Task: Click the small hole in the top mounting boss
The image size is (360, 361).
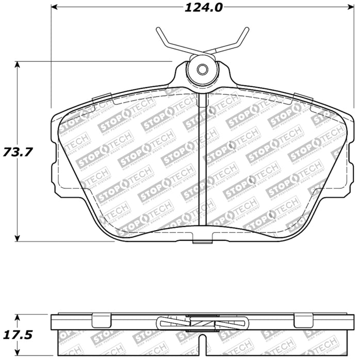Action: (x=202, y=70)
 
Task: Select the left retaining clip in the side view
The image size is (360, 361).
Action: (x=102, y=320)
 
